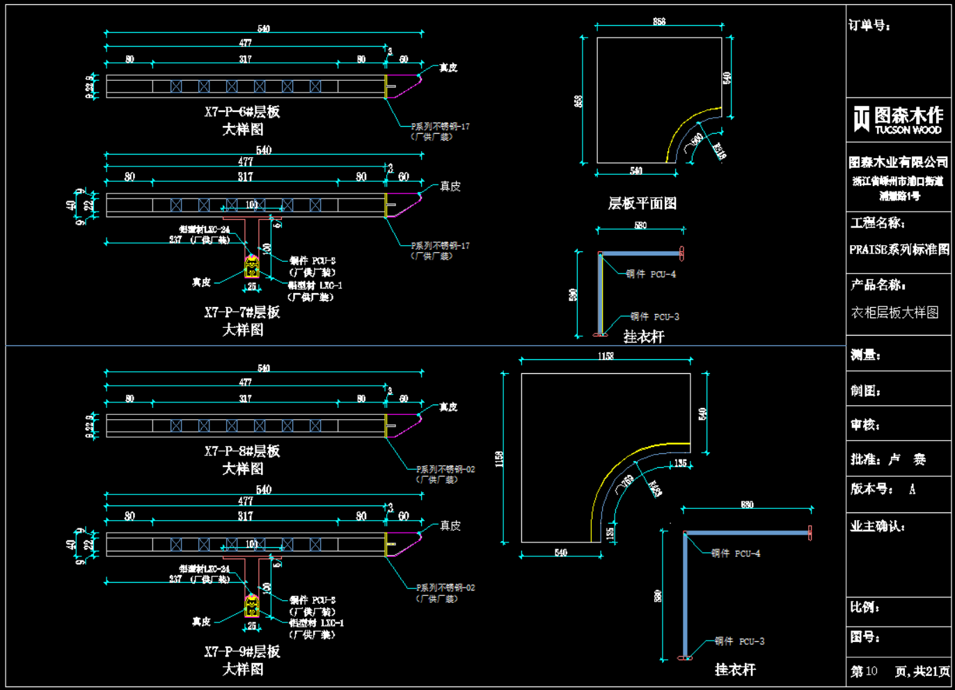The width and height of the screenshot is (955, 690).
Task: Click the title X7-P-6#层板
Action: [x=242, y=112]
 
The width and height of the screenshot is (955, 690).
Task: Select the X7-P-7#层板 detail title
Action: [x=242, y=313]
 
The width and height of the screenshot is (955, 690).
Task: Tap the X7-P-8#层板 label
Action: [x=242, y=451]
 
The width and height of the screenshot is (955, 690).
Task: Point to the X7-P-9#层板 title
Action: [x=242, y=652]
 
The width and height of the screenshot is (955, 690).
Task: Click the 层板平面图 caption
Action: [x=642, y=203]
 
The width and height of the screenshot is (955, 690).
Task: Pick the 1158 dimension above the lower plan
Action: [x=606, y=356]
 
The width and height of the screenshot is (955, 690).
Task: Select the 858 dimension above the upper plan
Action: [x=658, y=22]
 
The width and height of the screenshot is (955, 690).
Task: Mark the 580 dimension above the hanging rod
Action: [x=640, y=226]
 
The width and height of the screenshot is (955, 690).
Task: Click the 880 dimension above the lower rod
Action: [x=747, y=505]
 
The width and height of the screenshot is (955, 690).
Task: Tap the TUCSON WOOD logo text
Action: [x=908, y=130]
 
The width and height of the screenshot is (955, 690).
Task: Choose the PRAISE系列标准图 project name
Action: [x=899, y=249]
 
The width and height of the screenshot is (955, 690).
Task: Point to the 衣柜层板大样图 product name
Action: [x=894, y=313]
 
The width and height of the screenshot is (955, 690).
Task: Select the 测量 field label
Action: [x=865, y=355]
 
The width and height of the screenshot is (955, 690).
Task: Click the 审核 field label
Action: [x=865, y=425]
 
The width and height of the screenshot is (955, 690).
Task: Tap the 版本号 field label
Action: [x=871, y=489]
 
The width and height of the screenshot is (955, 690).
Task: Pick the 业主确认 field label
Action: [x=877, y=526]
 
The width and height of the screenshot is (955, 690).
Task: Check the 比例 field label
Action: [x=865, y=607]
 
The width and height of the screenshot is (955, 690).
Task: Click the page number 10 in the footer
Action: [x=871, y=671]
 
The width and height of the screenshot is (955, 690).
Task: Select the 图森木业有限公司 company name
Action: [x=898, y=162]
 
